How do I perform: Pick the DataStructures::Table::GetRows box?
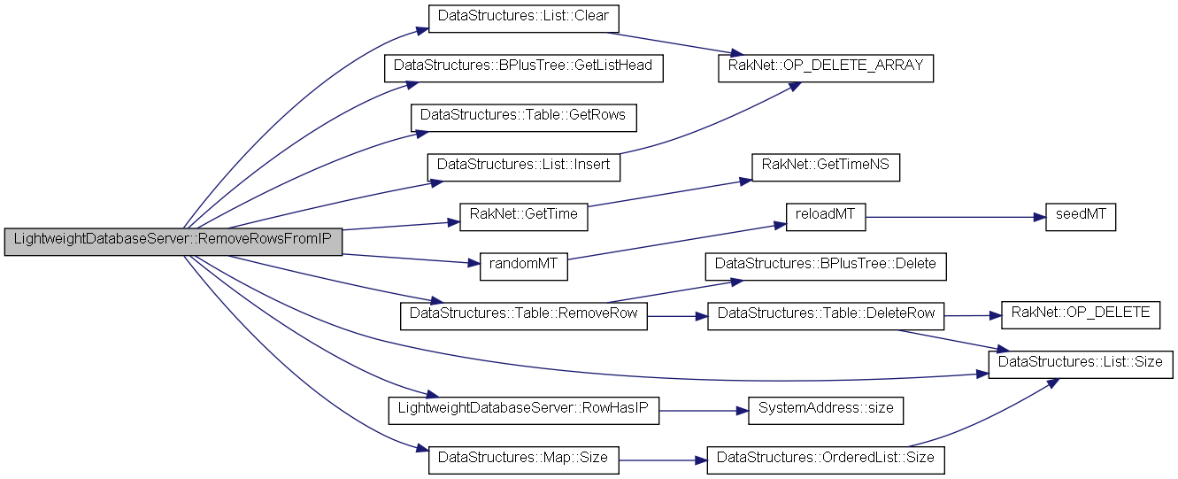tap(524, 117)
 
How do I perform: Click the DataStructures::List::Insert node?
tap(522, 166)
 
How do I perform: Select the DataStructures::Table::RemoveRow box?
tap(524, 316)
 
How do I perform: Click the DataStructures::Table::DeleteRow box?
tap(826, 316)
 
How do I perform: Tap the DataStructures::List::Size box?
tap(1081, 364)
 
